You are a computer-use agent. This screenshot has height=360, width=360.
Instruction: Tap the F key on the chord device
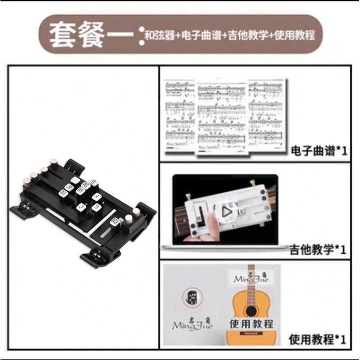click(x=96, y=196)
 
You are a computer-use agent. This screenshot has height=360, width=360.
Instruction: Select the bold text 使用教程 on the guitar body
click(x=252, y=324)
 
